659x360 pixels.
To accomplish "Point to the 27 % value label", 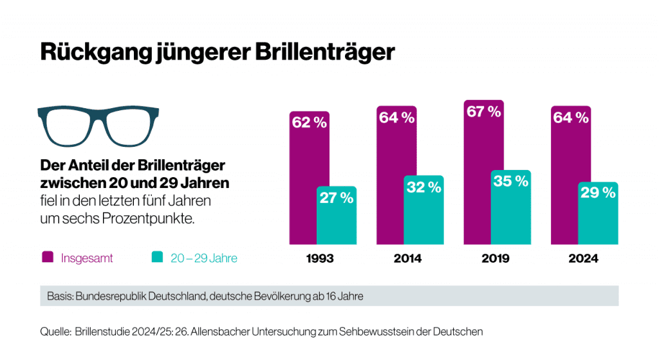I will (337, 198).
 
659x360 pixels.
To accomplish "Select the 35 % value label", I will (511, 182).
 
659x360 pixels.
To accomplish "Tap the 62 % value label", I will (309, 122).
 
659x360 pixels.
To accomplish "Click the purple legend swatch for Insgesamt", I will (48, 258).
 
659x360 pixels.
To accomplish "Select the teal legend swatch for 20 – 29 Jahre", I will (156, 258).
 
